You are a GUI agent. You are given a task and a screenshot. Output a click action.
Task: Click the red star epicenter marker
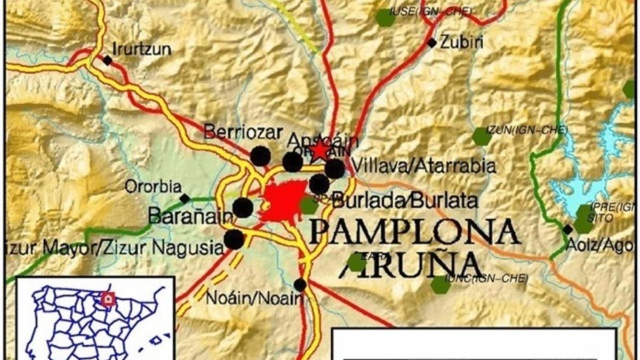point(319,150)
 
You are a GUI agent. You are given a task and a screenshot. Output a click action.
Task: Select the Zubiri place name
point(462,42)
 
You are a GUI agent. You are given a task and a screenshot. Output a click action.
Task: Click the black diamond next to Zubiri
point(431,43)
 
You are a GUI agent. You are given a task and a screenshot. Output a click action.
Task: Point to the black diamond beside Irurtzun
point(108,60)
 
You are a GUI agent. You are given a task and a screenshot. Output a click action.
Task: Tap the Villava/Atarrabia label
point(424,166)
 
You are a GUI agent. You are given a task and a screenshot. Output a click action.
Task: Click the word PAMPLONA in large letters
point(415,231)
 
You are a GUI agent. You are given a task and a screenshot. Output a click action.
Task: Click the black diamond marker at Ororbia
point(185,199)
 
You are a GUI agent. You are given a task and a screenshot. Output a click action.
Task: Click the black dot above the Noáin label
point(300,285)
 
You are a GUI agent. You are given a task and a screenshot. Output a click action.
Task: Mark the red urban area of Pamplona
point(283,202)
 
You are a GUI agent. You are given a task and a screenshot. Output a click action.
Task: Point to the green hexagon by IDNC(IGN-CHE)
point(441,285)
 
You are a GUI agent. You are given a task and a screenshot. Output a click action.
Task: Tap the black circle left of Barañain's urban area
point(243,207)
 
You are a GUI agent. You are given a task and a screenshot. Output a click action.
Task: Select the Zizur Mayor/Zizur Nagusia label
point(112,247)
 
